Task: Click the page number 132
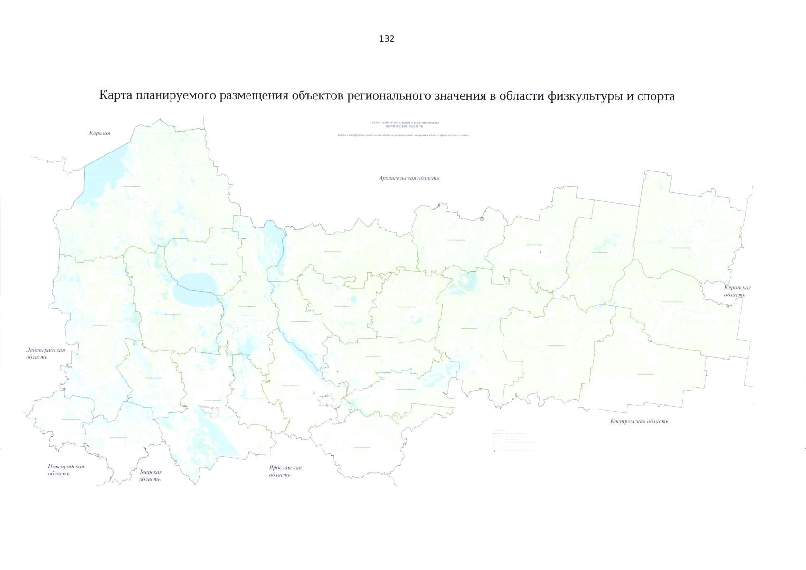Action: (387, 39)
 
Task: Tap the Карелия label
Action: (100, 133)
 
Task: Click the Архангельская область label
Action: (409, 178)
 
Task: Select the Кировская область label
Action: (737, 291)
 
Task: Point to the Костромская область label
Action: (639, 421)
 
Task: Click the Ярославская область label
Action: (284, 471)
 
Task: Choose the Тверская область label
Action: (150, 475)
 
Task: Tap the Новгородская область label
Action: (66, 470)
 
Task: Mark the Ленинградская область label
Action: (45, 353)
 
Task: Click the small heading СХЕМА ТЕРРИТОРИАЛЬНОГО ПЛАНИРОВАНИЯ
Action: (404, 123)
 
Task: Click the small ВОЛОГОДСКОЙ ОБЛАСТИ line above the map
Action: (404, 126)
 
